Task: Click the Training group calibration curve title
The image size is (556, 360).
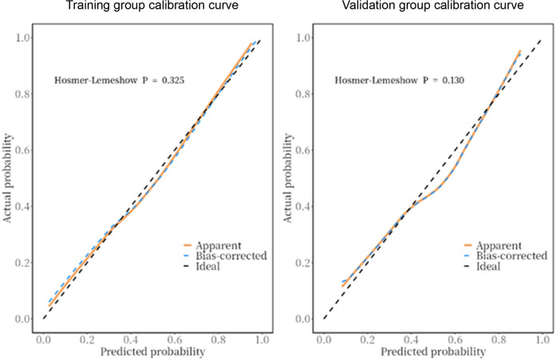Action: [152, 6]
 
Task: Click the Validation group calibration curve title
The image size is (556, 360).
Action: [432, 6]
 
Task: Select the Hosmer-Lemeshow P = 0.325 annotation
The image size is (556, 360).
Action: [119, 80]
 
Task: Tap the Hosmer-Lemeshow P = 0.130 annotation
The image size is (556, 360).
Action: [400, 80]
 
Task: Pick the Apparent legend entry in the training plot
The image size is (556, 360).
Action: [212, 245]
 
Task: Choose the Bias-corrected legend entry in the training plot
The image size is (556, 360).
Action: [225, 255]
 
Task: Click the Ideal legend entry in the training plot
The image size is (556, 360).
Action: [202, 266]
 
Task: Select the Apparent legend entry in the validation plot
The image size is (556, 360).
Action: [493, 245]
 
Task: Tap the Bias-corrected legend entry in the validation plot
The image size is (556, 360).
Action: [506, 255]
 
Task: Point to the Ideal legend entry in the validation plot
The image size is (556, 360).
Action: [483, 266]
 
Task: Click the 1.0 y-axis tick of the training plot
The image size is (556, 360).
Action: [22, 38]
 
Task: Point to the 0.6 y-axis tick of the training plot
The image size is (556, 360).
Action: [22, 150]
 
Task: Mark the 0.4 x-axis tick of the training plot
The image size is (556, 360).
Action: [131, 340]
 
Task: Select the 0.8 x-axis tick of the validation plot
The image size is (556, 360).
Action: [499, 340]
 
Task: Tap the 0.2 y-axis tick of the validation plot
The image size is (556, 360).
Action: [302, 263]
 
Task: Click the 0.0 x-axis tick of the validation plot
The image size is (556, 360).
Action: [324, 340]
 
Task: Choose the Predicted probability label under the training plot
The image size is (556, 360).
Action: [153, 352]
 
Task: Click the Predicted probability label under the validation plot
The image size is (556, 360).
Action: [433, 352]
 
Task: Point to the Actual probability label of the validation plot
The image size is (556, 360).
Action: [288, 178]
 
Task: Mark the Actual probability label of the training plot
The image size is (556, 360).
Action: [7, 178]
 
